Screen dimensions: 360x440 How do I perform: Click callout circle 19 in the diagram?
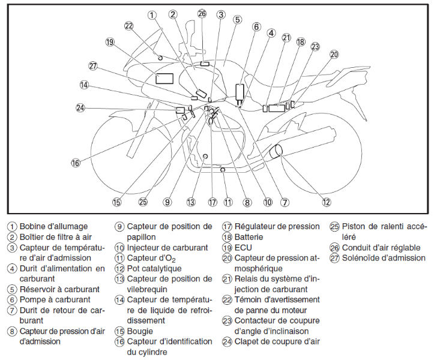109,42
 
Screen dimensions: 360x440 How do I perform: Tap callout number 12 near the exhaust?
326,202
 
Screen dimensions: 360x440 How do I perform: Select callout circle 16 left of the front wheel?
76,163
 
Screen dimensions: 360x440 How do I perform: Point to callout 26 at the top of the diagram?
202,13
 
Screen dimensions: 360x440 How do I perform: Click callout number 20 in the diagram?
334,54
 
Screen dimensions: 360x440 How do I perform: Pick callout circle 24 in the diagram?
80,108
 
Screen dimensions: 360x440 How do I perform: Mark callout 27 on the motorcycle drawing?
92,65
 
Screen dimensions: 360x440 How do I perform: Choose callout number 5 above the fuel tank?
238,19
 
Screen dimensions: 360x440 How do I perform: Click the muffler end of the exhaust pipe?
279,152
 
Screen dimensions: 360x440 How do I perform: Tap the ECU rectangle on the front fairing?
164,77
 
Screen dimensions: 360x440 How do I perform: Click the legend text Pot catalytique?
154,268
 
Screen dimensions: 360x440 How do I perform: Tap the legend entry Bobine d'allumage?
53,226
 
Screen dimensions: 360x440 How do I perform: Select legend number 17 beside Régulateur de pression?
228,227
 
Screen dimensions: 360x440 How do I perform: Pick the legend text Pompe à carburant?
55,299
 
